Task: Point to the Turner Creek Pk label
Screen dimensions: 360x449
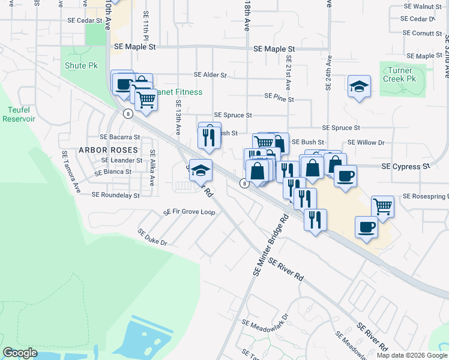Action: coord(402,74)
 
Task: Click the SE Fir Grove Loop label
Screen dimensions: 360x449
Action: coord(189,212)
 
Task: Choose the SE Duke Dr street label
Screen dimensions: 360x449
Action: coord(152,238)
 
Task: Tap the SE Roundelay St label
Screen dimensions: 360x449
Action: coord(115,195)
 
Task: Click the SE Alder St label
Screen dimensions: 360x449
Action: coord(210,76)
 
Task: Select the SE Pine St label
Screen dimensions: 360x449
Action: coord(279,96)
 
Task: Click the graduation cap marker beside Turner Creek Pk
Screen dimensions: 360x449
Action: coord(359,86)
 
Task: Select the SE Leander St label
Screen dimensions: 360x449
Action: coord(122,160)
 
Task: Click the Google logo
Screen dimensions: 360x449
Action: coord(20,353)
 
